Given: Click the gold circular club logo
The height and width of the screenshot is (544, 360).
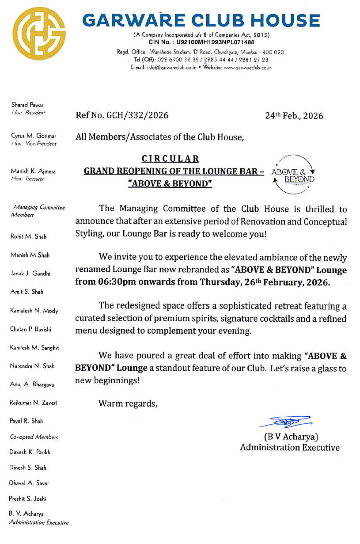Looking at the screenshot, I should point(39,34).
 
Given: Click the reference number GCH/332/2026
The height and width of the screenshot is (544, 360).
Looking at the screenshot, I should point(137,116).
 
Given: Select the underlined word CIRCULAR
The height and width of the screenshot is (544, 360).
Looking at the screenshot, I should point(170,159).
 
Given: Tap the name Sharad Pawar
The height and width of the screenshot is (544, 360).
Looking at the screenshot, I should point(27,105).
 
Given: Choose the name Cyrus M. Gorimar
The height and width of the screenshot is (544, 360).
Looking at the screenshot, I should point(34,136).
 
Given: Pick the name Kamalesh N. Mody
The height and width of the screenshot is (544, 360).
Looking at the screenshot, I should point(34,311).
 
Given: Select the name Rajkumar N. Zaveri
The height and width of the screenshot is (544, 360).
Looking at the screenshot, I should point(34,403).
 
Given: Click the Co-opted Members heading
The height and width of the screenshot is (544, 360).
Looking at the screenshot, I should point(34,437).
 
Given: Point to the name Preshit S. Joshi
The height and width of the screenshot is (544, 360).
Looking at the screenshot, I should point(27,498).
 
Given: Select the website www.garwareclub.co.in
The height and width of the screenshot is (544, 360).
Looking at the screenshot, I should point(248,68).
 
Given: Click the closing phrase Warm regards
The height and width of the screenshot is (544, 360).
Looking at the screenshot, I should point(128,403).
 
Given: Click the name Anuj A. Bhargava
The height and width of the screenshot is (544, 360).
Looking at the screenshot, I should point(32,384).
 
